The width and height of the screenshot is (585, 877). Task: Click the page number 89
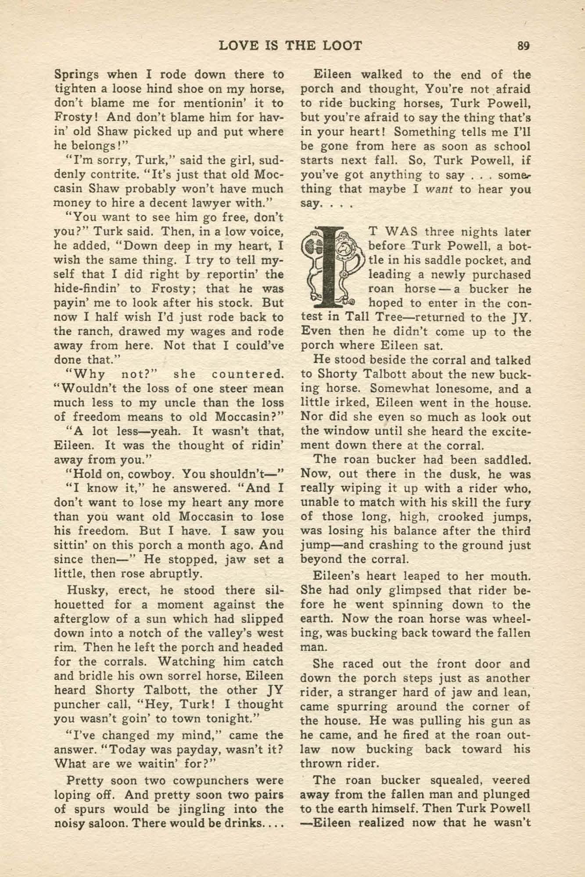pos(524,46)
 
